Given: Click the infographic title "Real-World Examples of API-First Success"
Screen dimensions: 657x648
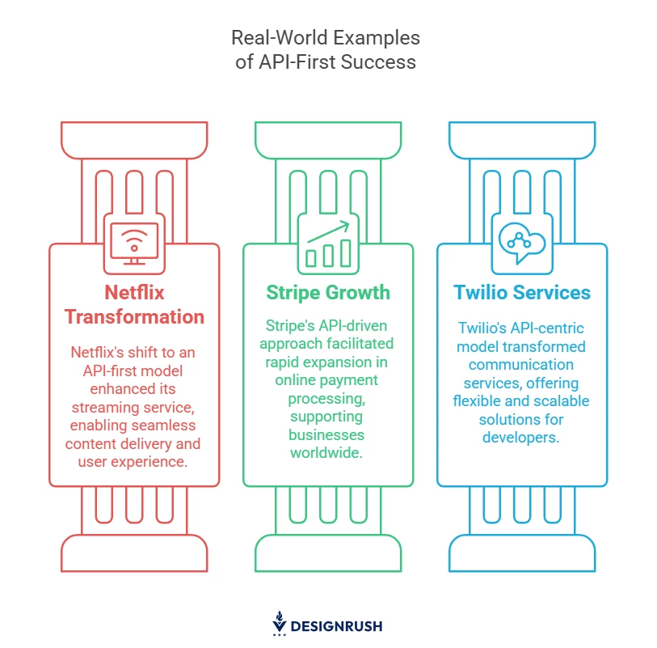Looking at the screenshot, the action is pos(326,49).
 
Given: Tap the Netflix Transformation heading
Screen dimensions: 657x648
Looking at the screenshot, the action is pos(134,304).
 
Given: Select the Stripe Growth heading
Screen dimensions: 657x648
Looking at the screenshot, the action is pos(328,293).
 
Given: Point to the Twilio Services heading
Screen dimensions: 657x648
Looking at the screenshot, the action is pos(522,292).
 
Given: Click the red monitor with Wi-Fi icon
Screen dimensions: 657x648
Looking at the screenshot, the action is pos(134,244).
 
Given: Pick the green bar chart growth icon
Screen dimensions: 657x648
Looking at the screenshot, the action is pos(328,244).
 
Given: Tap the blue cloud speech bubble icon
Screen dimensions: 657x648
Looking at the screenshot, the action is pos(522,243).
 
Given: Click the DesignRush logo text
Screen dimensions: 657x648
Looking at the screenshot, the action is pos(336,626).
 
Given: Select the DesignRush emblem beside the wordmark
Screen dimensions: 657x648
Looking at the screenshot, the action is pos(280,623).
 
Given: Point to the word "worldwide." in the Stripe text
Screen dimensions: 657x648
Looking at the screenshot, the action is pos(326,453).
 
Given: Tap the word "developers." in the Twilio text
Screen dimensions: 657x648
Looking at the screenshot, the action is pos(520,438).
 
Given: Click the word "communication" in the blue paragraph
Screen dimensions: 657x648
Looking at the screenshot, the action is pos(520,365).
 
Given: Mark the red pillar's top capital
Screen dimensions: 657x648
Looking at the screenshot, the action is pos(134,141).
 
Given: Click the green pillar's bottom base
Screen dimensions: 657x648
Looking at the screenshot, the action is pos(328,553).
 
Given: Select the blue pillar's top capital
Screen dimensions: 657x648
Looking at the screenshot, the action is pos(522,141).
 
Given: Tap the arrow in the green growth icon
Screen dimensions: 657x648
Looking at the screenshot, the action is pos(328,232).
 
